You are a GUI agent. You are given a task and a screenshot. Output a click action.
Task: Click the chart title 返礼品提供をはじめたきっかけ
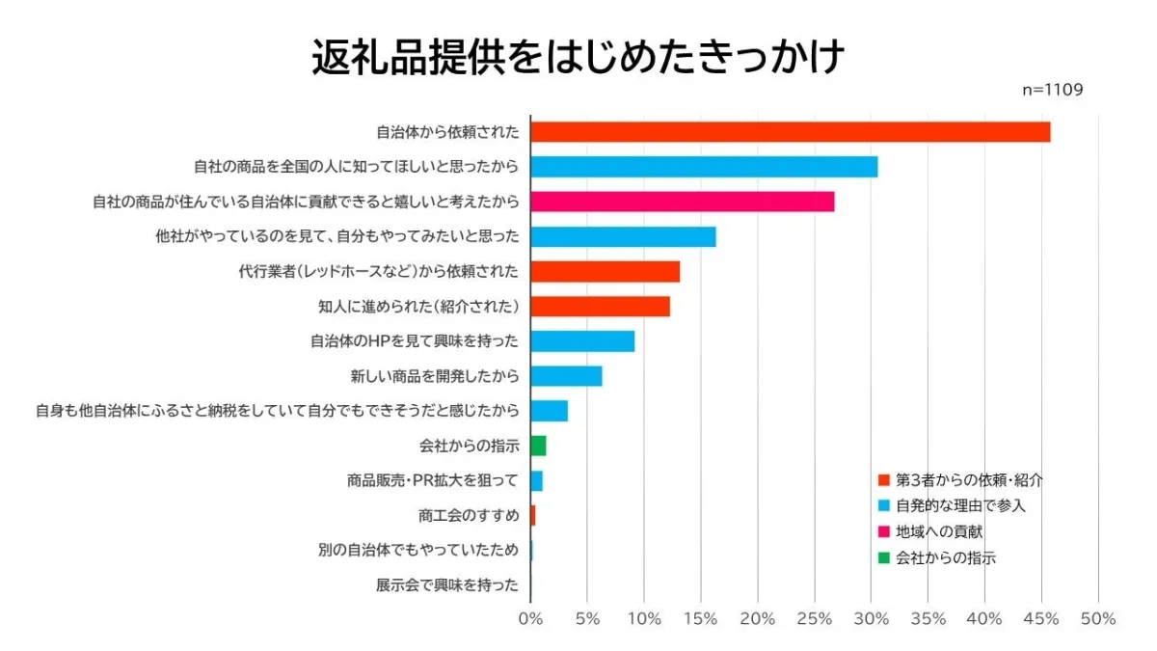(x=578, y=58)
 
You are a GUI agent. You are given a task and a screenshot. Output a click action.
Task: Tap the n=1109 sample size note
(x=1052, y=90)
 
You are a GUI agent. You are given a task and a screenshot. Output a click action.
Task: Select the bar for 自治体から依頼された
(x=790, y=132)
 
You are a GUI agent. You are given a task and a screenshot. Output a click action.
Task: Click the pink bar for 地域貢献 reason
(x=682, y=202)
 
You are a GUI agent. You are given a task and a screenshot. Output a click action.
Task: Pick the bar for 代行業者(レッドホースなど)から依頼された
(x=605, y=272)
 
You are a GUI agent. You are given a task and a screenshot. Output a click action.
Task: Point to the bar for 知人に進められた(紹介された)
(x=600, y=307)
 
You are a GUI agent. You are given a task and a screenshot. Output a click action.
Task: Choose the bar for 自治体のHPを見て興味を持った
(x=582, y=341)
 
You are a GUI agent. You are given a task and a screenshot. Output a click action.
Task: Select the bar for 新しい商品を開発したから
(x=566, y=376)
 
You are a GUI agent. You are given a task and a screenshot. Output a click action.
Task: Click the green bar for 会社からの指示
(x=538, y=446)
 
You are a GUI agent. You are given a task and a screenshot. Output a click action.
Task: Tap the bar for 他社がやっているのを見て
(x=623, y=237)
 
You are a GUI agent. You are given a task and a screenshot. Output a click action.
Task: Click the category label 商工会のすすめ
(x=469, y=516)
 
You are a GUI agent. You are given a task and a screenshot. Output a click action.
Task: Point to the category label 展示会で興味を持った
(x=447, y=585)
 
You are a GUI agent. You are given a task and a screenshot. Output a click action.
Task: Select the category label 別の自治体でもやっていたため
(x=418, y=551)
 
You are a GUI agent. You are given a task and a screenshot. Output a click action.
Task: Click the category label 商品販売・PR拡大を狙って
(x=433, y=481)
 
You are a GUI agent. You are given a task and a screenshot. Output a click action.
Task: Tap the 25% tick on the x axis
(x=815, y=619)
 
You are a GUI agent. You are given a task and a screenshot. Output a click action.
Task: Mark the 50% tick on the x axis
(x=1098, y=619)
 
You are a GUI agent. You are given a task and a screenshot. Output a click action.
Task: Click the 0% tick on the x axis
(x=530, y=619)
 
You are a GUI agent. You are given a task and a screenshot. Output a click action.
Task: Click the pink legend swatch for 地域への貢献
(x=883, y=531)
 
